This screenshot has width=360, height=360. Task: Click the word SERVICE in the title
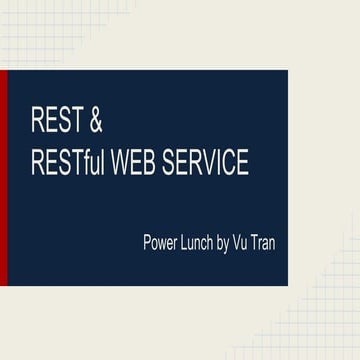point(208,163)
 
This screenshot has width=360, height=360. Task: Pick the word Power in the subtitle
point(161,242)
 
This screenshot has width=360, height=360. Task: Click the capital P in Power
point(147,242)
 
